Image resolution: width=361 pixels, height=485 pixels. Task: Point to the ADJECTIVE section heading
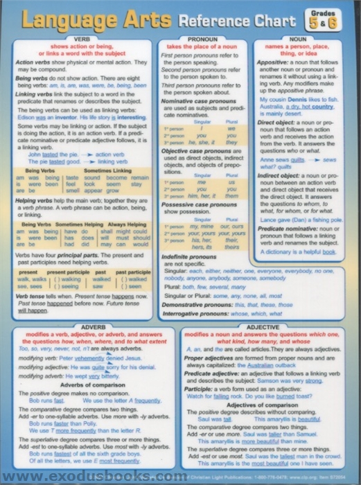coord(266,325)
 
